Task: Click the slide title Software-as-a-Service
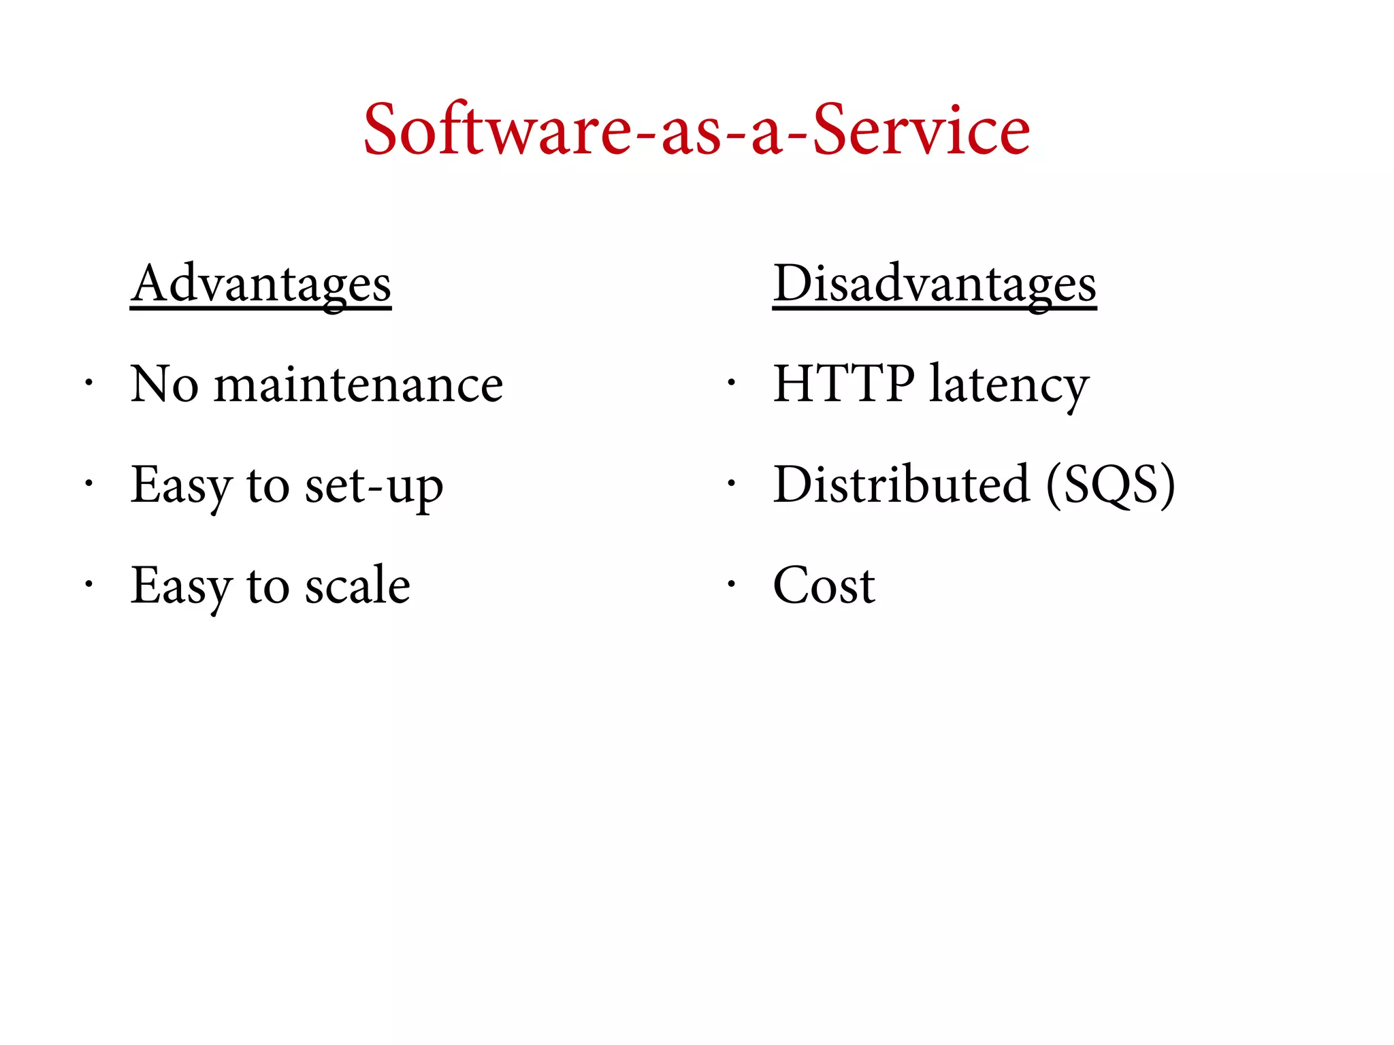[696, 129]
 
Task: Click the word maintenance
[359, 385]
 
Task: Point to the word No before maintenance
[164, 385]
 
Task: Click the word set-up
[374, 486]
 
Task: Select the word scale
[357, 586]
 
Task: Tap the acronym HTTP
[843, 384]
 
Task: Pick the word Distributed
[901, 485]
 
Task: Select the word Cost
[824, 586]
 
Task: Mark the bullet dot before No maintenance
[88, 383]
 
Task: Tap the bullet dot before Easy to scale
[88, 584]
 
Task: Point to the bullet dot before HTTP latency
[731, 383]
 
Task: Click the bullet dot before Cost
[731, 584]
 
